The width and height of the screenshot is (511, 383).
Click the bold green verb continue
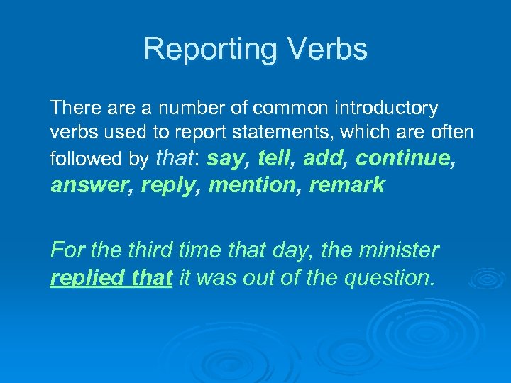405,159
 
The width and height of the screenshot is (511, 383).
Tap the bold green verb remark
347,185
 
